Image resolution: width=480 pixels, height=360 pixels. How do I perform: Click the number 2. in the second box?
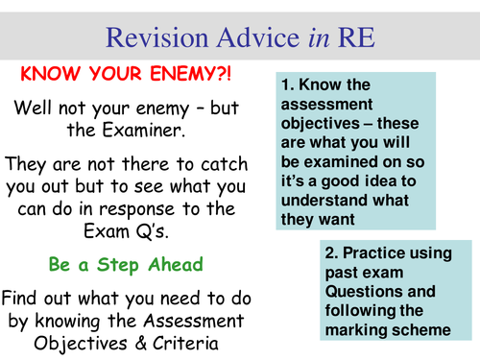tap(333, 252)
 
